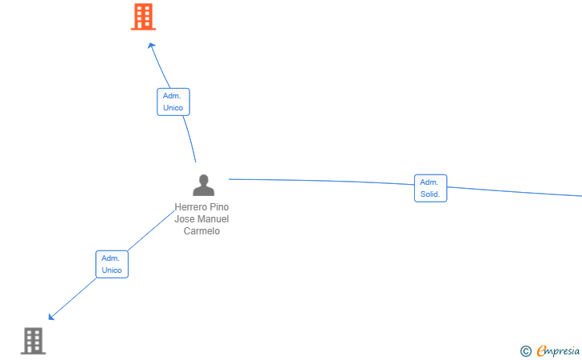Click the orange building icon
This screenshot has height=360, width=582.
tap(143, 17)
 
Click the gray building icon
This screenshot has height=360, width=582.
tap(33, 341)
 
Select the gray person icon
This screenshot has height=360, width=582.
tap(203, 185)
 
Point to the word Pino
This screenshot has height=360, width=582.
tap(220, 207)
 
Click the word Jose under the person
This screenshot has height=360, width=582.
tap(185, 219)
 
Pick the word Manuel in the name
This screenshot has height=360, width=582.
tap(213, 219)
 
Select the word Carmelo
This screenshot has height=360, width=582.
tap(201, 230)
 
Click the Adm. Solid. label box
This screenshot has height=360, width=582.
tap(431, 188)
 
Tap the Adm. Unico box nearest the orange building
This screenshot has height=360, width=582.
tap(173, 102)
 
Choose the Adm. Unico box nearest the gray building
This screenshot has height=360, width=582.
tap(112, 264)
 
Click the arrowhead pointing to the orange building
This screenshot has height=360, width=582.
tap(151, 46)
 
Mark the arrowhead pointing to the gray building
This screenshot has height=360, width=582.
tap(51, 317)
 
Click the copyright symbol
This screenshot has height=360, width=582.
tap(525, 351)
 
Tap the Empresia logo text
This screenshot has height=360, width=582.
tap(558, 350)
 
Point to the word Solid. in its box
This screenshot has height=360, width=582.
tap(430, 194)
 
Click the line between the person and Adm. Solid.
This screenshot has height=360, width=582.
tap(321, 181)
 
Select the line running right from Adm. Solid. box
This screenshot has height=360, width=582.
tap(515, 191)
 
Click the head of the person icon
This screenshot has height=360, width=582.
tap(203, 179)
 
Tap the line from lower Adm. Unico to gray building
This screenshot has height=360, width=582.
tap(74, 298)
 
